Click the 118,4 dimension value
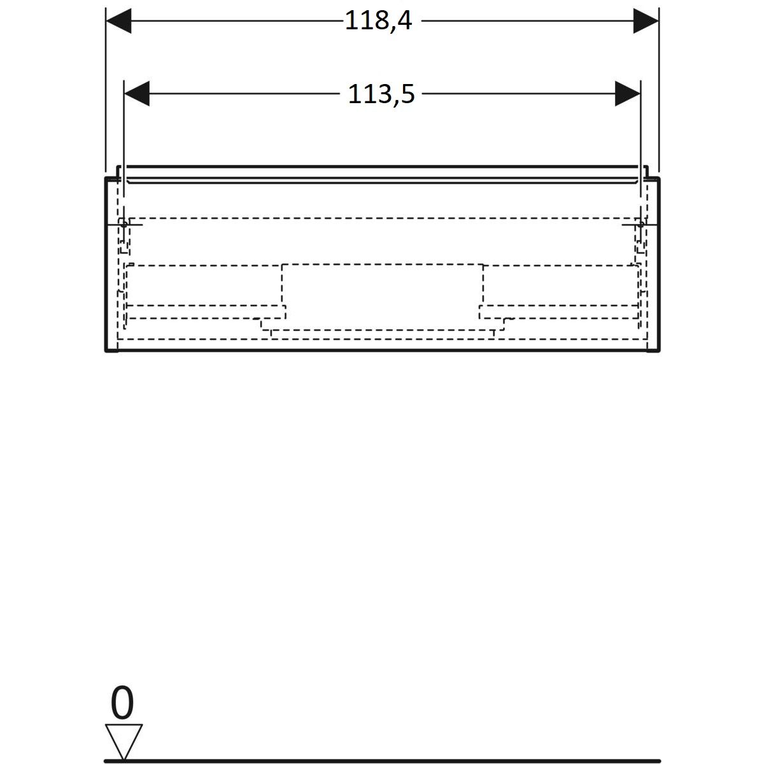378,20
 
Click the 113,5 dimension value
381,94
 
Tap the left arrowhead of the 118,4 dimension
118,20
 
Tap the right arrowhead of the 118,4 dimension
646,20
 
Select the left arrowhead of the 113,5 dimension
137,94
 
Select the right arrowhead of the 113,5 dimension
627,94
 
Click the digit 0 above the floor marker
122,702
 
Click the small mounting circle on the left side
124,224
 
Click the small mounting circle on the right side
640,224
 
